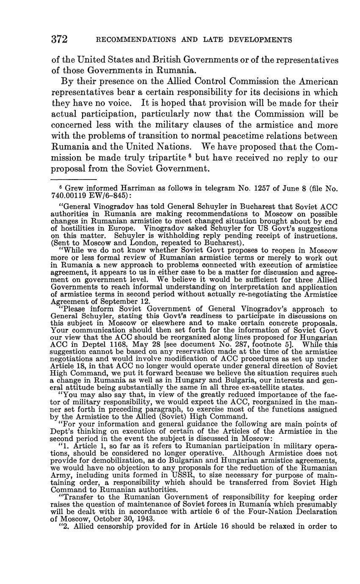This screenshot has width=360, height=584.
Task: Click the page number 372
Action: tap(59, 40)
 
